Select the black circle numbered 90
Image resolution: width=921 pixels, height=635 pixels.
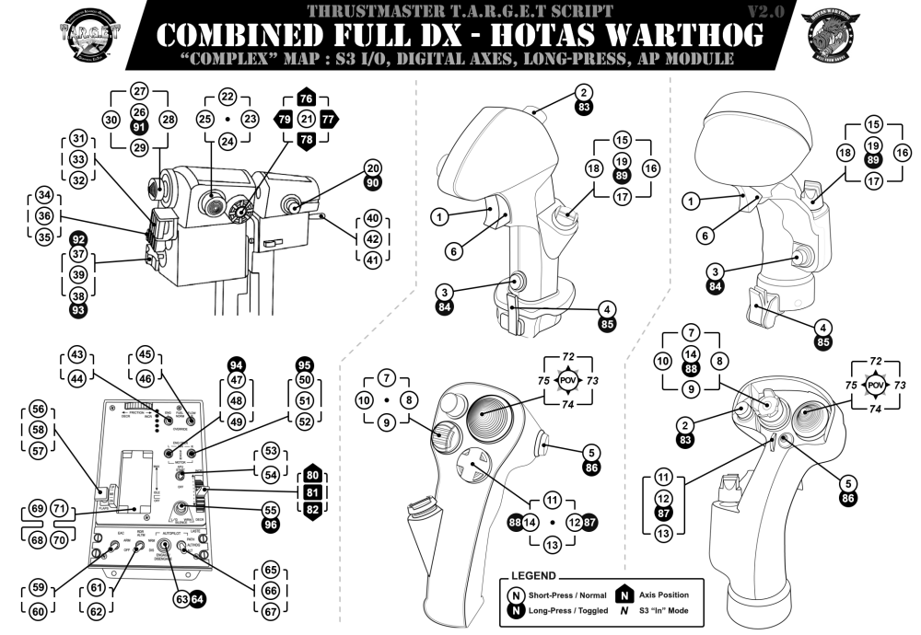[372, 185]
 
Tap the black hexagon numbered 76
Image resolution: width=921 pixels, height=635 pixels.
[307, 99]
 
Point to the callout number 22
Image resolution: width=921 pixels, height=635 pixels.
[227, 97]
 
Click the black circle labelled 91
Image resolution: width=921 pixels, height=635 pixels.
[139, 127]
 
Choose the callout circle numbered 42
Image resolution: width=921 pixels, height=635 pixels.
[372, 238]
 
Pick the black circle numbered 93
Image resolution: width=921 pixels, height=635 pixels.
[78, 311]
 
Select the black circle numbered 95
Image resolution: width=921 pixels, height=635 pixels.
[305, 364]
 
